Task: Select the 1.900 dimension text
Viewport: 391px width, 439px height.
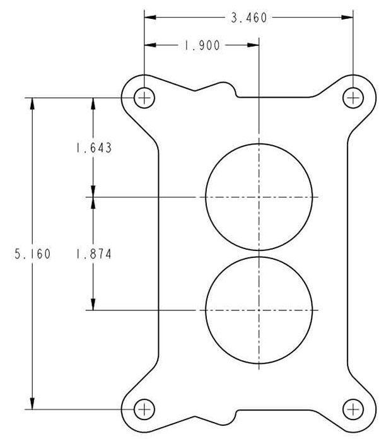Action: [x=202, y=46]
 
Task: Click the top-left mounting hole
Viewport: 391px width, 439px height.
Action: [x=144, y=98]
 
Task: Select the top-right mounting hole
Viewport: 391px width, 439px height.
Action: [x=353, y=98]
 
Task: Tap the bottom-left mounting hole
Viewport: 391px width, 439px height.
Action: [x=144, y=409]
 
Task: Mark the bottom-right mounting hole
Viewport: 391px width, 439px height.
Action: [x=353, y=409]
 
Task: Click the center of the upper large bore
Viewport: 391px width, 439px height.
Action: [x=259, y=197]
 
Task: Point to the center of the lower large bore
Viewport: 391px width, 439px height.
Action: [x=259, y=310]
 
